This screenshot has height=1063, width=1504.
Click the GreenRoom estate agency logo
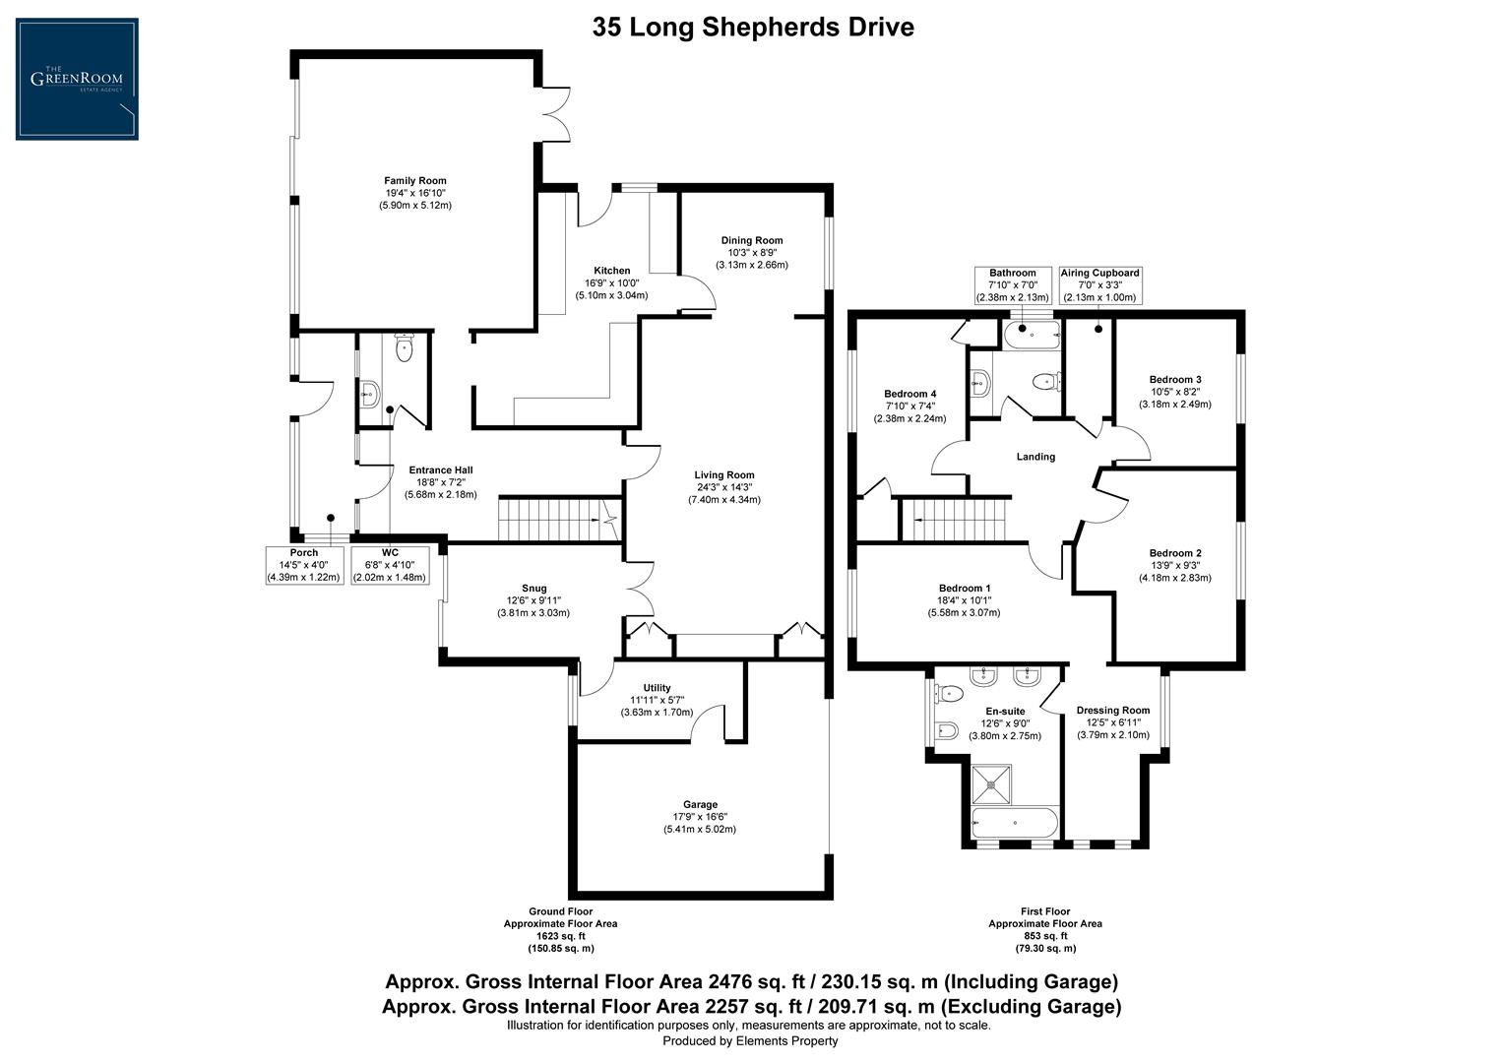pos(77,79)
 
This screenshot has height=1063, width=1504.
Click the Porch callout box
pos(303,565)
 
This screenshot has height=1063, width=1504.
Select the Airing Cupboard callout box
pos(1099,285)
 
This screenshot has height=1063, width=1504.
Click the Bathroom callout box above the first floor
pos(1013,285)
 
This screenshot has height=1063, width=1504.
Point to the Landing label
pos(1035,457)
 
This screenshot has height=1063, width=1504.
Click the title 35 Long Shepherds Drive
pos(752,28)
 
